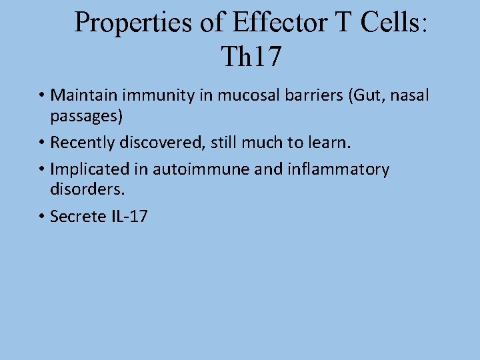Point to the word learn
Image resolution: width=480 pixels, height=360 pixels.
[327, 143]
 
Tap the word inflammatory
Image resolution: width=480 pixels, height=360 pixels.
[338, 169]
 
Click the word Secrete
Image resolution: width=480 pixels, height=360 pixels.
[77, 216]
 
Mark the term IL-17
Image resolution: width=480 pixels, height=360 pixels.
[127, 216]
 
